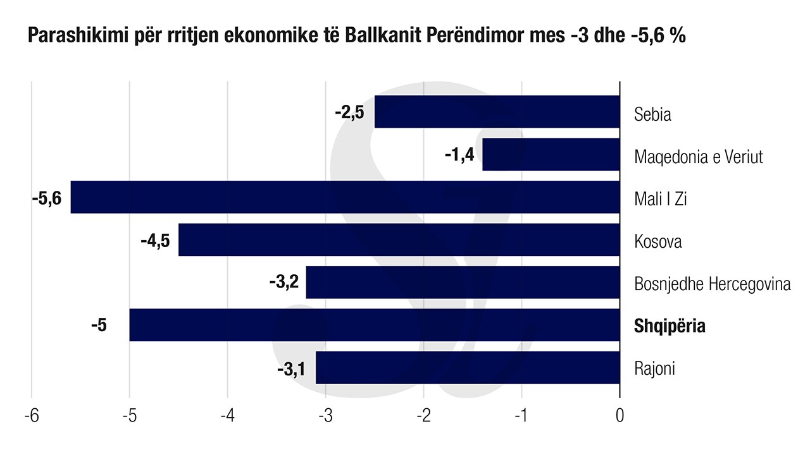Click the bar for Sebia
(x=497, y=112)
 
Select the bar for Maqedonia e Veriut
(x=551, y=155)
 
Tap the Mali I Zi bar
(x=345, y=197)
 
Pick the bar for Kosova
(x=399, y=240)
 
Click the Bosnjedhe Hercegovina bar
(x=463, y=282)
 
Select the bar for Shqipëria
(x=374, y=325)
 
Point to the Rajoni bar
(x=468, y=368)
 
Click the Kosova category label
(x=658, y=241)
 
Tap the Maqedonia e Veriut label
(x=699, y=156)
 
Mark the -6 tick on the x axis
(x=31, y=416)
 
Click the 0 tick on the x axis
(x=620, y=416)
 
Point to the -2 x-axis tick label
(x=423, y=416)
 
